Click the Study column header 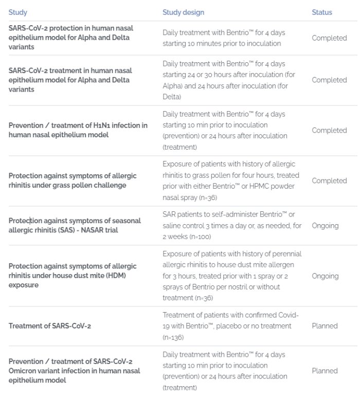[x=18, y=12]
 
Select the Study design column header [x=183, y=12]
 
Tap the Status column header [x=322, y=12]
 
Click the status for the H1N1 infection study [x=329, y=130]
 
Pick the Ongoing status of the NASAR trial [x=325, y=225]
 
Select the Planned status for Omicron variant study [x=325, y=371]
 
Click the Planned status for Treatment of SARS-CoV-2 [x=325, y=325]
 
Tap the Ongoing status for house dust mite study [x=325, y=276]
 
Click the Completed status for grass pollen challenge [x=329, y=180]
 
